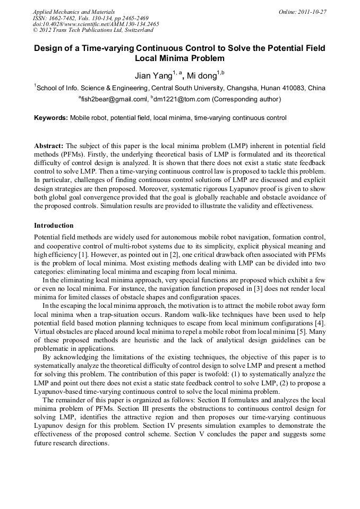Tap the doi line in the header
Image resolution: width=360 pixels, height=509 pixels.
click(96, 24)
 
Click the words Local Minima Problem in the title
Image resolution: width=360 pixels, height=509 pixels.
click(180, 58)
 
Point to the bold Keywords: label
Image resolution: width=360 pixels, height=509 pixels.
click(51, 118)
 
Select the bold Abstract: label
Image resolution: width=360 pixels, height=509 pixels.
click(49, 145)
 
